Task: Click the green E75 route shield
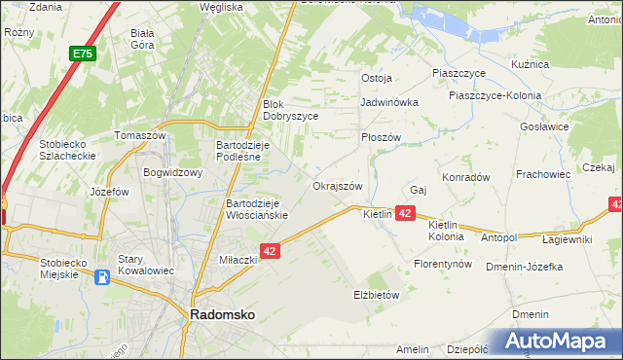(x=82, y=55)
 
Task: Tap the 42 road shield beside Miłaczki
(x=271, y=251)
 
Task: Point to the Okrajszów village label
(x=337, y=186)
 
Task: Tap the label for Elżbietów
(x=377, y=294)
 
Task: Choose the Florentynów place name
(x=443, y=264)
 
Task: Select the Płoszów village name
(x=381, y=137)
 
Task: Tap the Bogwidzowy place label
(x=171, y=173)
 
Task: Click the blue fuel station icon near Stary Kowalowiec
(x=103, y=277)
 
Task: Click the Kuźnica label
(x=530, y=64)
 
